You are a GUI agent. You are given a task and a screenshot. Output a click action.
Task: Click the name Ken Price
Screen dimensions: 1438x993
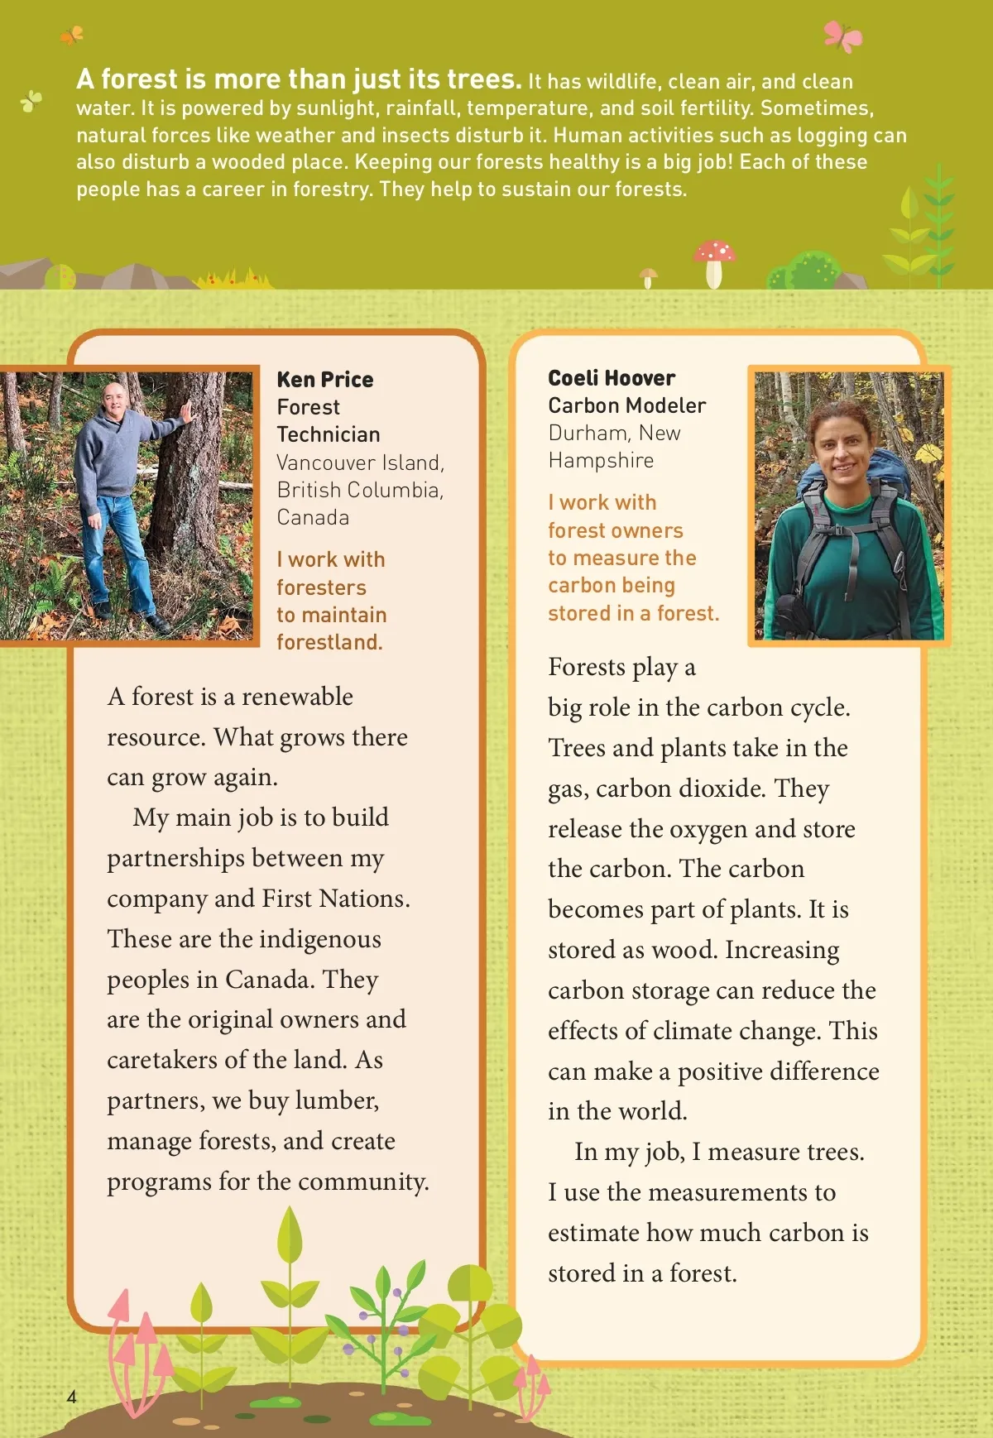[x=324, y=380]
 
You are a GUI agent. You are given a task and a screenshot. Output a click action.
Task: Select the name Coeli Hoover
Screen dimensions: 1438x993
[x=612, y=378]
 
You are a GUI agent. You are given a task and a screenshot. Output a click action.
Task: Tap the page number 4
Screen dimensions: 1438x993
[x=72, y=1397]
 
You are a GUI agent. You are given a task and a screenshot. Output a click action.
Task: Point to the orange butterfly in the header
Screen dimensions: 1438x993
[x=72, y=35]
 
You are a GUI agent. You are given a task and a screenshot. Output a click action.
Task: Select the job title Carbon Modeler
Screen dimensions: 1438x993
[x=626, y=405]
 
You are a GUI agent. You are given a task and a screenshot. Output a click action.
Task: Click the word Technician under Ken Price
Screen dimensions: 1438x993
[x=329, y=434]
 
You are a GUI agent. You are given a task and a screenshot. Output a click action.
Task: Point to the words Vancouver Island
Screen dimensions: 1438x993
[x=360, y=463]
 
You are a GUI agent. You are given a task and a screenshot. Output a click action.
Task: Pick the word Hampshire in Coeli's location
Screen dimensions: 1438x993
[x=601, y=461]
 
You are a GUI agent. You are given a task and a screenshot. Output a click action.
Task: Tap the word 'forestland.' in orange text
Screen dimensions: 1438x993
[x=329, y=642]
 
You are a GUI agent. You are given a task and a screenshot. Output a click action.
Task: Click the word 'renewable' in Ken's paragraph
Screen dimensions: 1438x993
[x=297, y=697]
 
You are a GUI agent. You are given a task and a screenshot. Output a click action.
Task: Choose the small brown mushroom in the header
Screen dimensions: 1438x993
[x=649, y=276]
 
